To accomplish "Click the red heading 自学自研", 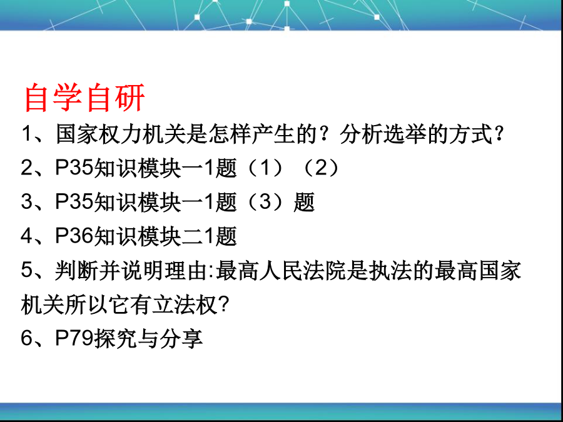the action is [x=84, y=98].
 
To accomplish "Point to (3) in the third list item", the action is [x=265, y=202].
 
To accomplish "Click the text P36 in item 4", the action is [x=74, y=236].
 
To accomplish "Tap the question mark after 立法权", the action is [x=223, y=305].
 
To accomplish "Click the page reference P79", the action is [x=74, y=338].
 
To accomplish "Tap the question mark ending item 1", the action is [x=499, y=134].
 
